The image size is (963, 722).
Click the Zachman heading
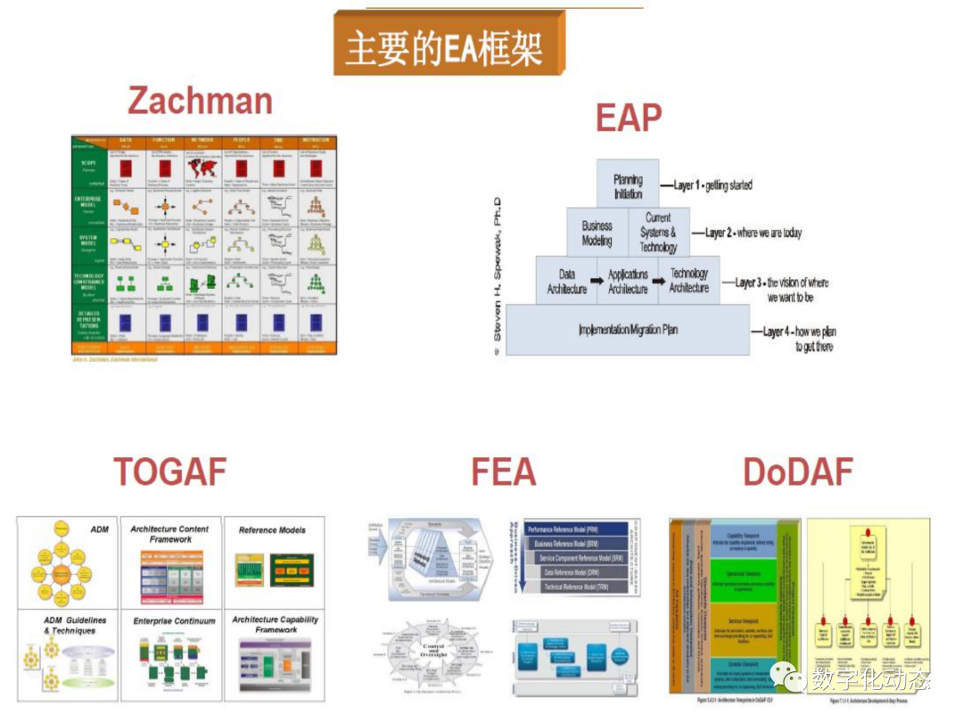200,101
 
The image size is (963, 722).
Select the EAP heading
629,118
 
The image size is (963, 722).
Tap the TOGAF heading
169,472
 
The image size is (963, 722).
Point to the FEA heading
504,472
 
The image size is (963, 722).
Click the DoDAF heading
798,472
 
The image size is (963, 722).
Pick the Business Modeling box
597,233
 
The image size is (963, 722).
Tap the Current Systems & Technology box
658,233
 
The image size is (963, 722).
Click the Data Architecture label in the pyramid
566,282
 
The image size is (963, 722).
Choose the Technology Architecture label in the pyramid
689,281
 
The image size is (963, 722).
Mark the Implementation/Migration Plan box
627,330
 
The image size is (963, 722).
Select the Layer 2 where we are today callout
753,233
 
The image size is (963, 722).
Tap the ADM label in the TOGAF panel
99,529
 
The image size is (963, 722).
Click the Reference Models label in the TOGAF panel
272,529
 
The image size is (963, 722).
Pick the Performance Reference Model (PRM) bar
580,528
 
